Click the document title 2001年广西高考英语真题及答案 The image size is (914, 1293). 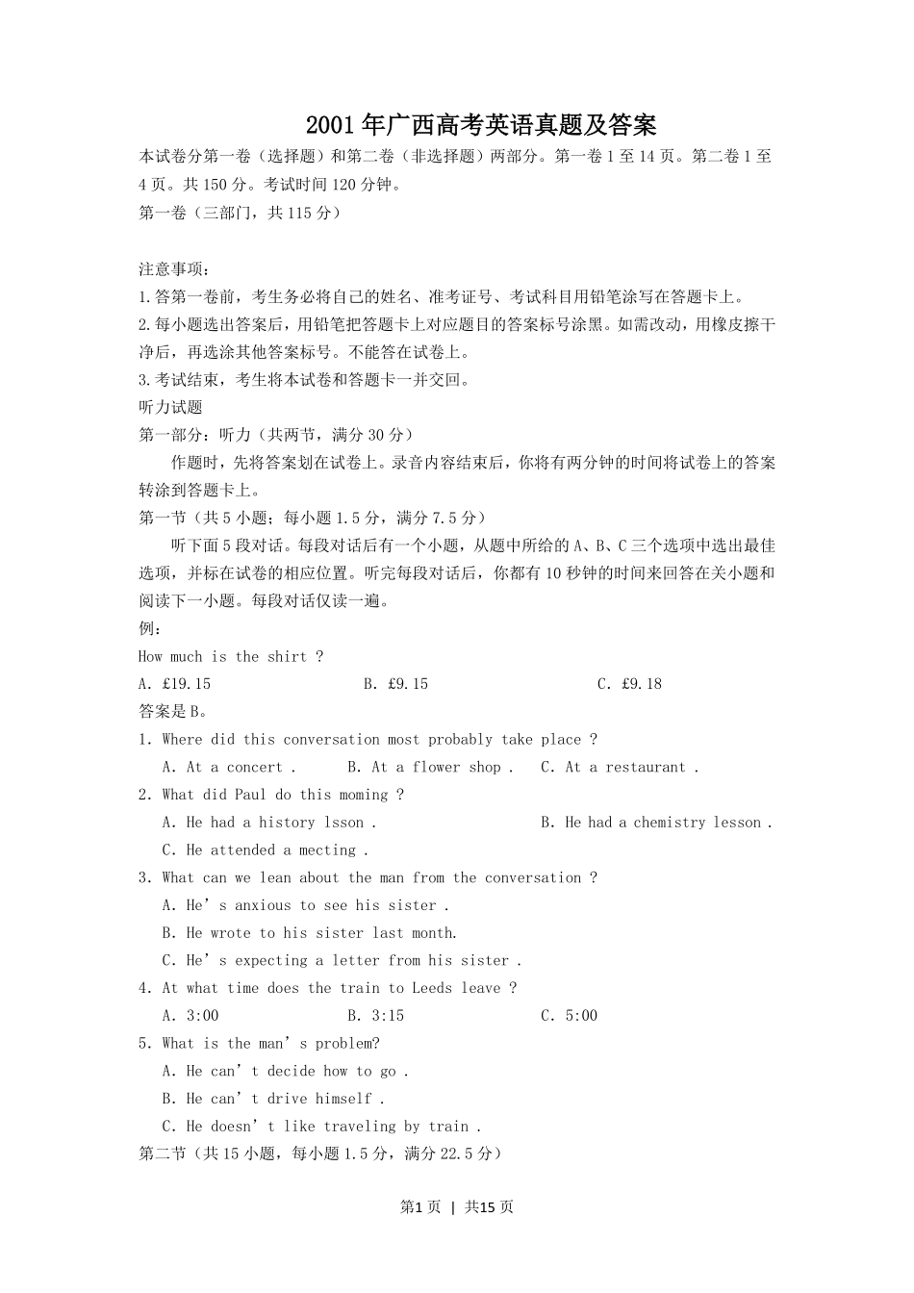point(481,125)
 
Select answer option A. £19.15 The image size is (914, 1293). point(174,684)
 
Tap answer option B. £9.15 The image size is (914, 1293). point(395,684)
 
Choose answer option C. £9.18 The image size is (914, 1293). point(629,684)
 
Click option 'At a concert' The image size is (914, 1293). point(230,768)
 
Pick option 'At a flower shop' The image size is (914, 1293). point(430,768)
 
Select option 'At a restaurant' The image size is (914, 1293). point(620,768)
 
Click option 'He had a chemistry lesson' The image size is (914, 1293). point(656,823)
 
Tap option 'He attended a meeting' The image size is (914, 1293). point(266,850)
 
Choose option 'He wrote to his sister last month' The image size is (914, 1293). point(310,933)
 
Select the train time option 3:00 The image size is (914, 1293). point(190,1016)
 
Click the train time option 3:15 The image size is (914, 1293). point(375,1016)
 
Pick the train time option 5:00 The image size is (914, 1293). point(569,1016)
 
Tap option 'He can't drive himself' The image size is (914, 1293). point(273,1099)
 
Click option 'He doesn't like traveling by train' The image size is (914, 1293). point(321,1127)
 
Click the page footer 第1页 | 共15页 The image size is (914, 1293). point(457,1206)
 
